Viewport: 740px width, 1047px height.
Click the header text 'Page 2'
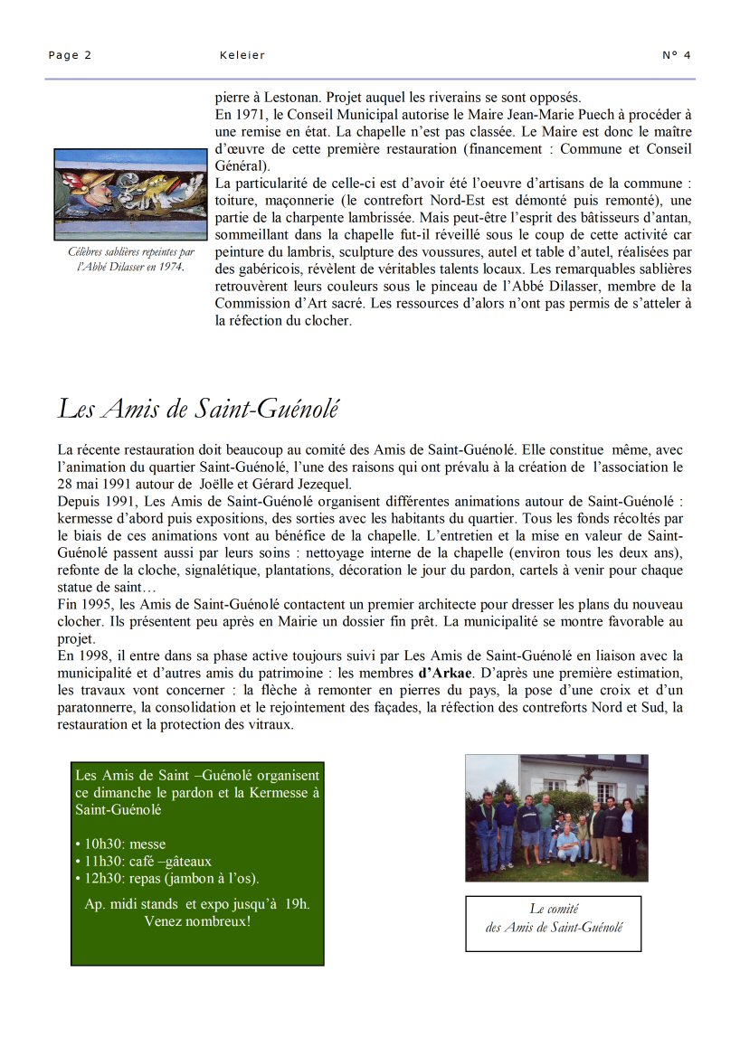pyautogui.click(x=70, y=55)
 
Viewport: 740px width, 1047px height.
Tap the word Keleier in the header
pyautogui.click(x=242, y=55)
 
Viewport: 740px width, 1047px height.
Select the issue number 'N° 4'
pyautogui.click(x=676, y=55)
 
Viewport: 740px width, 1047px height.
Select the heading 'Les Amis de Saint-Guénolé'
pyautogui.click(x=198, y=409)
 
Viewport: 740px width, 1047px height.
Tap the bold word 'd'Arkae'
pyautogui.click(x=445, y=673)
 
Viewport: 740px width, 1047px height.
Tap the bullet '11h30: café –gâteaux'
pyautogui.click(x=144, y=862)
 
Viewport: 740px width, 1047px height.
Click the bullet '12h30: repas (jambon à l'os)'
pyautogui.click(x=167, y=878)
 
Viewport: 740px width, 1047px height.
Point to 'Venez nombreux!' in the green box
pyautogui.click(x=197, y=921)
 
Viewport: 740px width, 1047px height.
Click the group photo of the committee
pyautogui.click(x=556, y=818)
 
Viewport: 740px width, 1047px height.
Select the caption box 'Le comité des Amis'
pyautogui.click(x=554, y=923)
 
